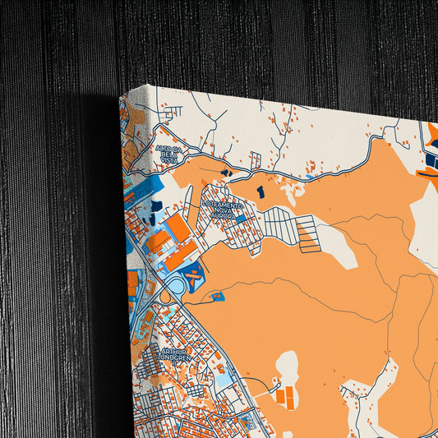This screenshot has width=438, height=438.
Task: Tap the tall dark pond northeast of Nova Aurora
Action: click(x=260, y=191)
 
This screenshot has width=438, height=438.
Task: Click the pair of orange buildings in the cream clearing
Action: click(x=286, y=396)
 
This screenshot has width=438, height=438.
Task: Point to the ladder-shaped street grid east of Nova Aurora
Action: click(x=306, y=233)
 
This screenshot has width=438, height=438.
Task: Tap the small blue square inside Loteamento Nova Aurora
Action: click(x=240, y=219)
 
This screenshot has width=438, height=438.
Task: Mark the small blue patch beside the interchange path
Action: click(x=218, y=296)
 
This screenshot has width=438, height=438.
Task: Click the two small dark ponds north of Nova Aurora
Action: click(x=225, y=173)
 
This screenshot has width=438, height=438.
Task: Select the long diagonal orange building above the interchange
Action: click(x=181, y=255)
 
